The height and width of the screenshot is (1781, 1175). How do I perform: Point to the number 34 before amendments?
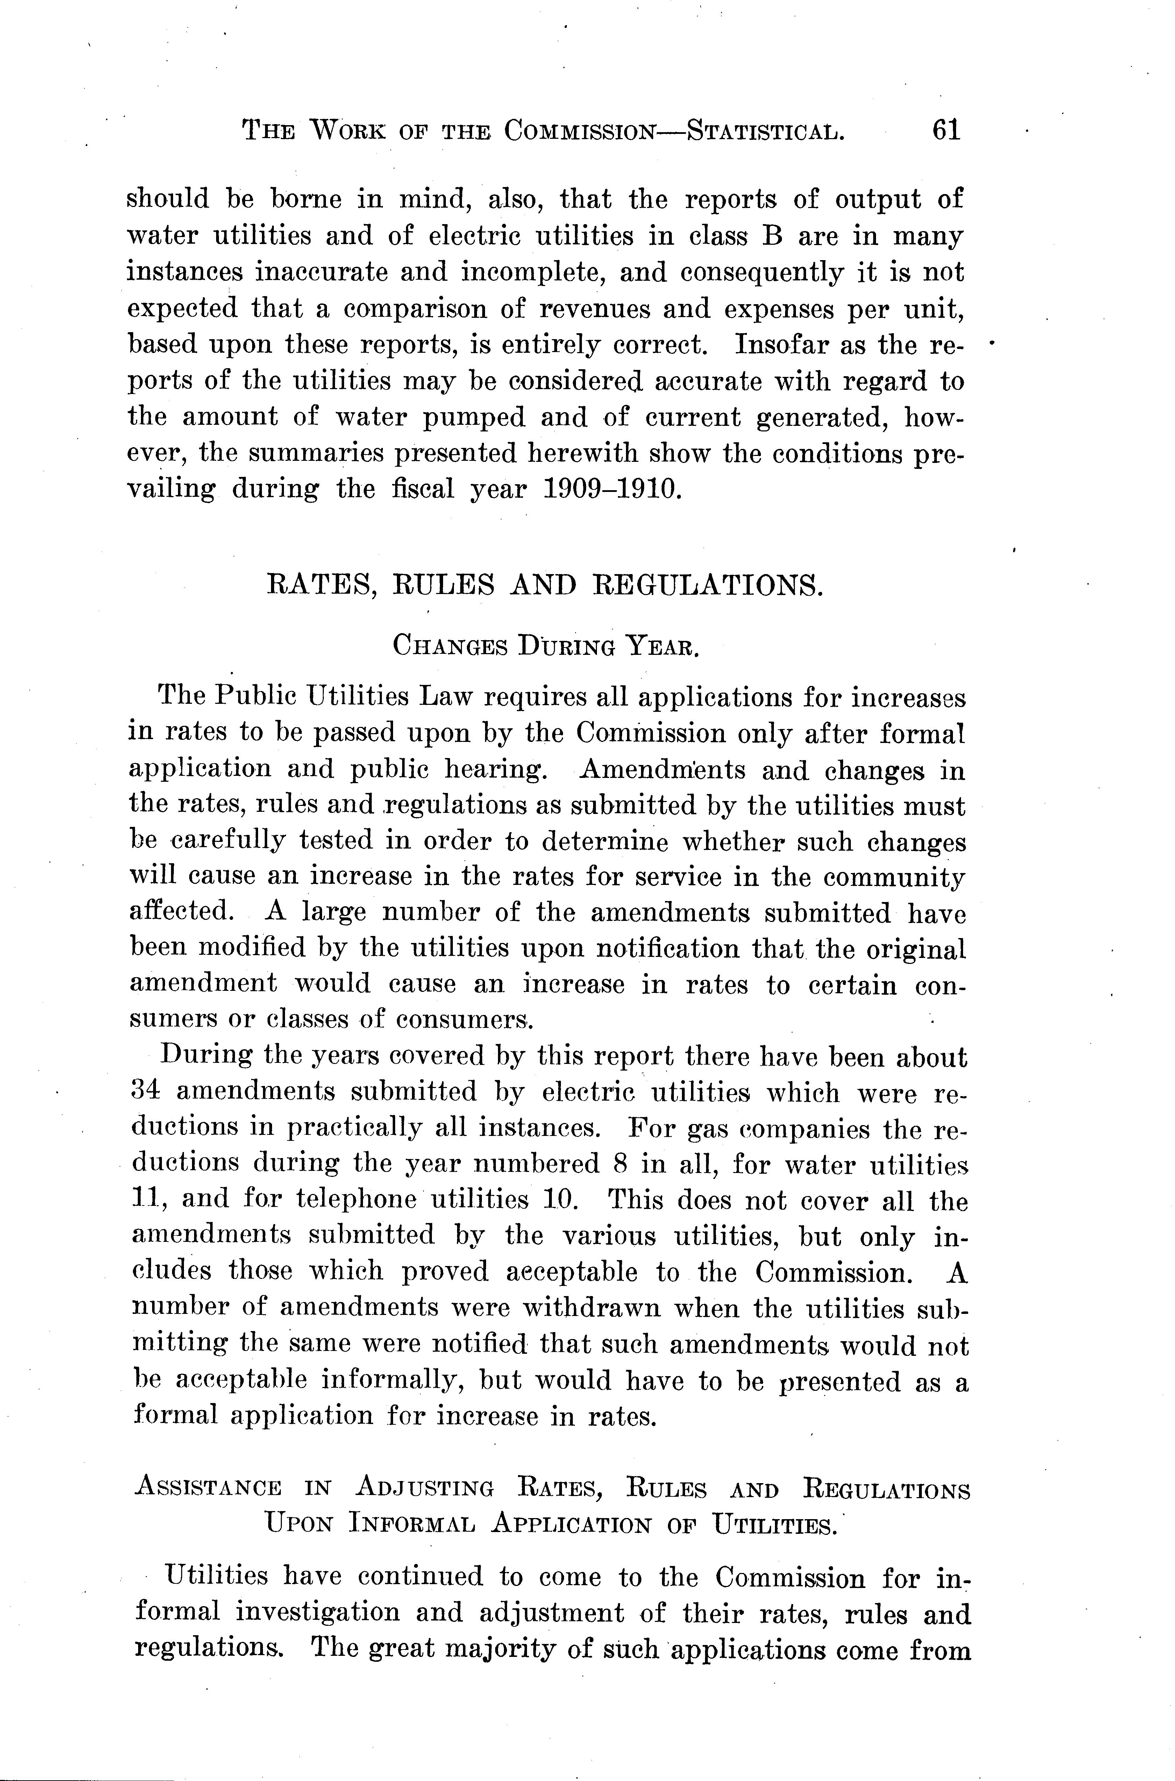pos(145,1092)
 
